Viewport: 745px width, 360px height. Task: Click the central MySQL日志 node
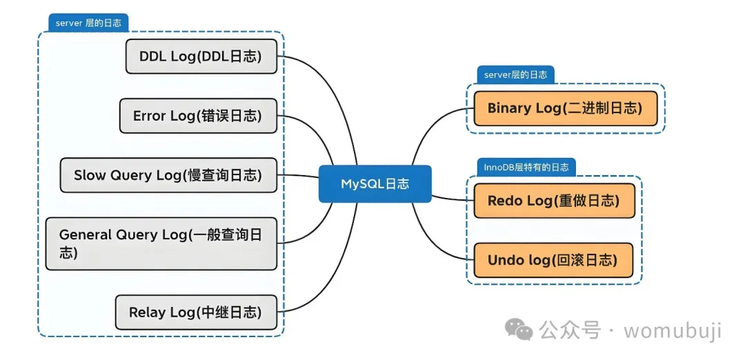click(x=375, y=184)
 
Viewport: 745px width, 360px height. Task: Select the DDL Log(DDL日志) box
click(x=201, y=57)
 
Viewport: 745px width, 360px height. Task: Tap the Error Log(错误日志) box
click(x=197, y=116)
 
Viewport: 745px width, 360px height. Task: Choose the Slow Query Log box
click(x=168, y=175)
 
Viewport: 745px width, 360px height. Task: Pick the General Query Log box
click(x=161, y=243)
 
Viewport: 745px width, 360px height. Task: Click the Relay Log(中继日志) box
click(x=195, y=312)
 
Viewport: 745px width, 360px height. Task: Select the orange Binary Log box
click(x=565, y=108)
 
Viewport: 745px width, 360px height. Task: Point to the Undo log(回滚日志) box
click(x=553, y=260)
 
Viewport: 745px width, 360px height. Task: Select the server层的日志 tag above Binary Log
click(x=515, y=74)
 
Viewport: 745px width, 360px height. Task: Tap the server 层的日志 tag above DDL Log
click(x=88, y=23)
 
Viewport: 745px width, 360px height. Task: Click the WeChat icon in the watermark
click(x=519, y=330)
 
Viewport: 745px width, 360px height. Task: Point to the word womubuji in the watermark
click(x=673, y=330)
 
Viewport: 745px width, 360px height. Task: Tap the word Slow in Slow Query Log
click(x=90, y=175)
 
